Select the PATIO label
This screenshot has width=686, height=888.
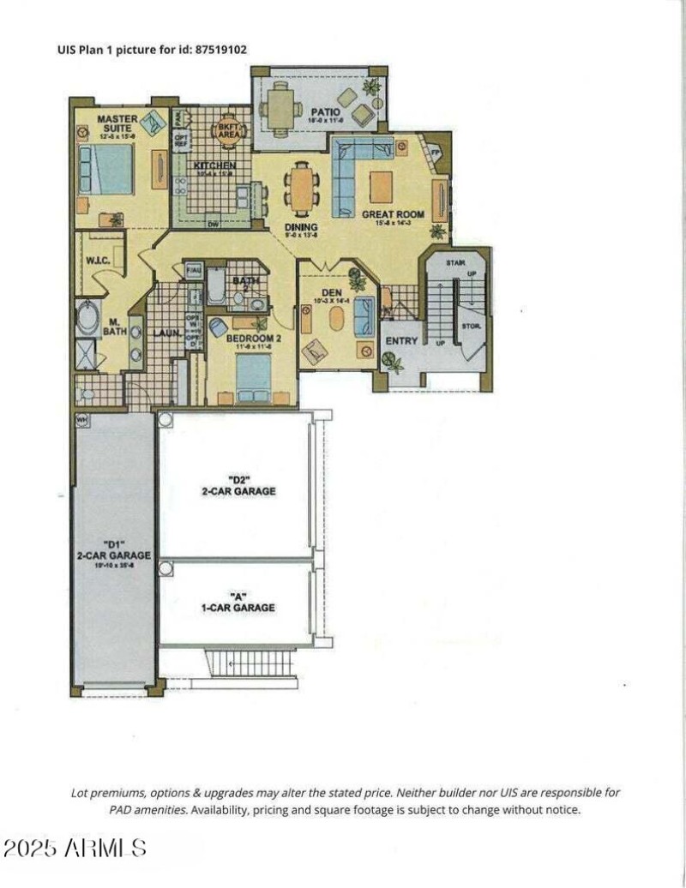pos(326,112)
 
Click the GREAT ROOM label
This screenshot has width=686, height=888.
pos(394,214)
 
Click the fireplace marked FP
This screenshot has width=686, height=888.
pos(435,153)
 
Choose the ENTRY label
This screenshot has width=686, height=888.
pos(402,340)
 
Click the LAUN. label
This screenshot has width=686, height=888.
pos(165,333)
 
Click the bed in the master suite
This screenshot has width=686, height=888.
pos(105,169)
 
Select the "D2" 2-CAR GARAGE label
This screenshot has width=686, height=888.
pos(239,485)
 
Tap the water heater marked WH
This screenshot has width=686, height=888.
pos(82,420)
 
